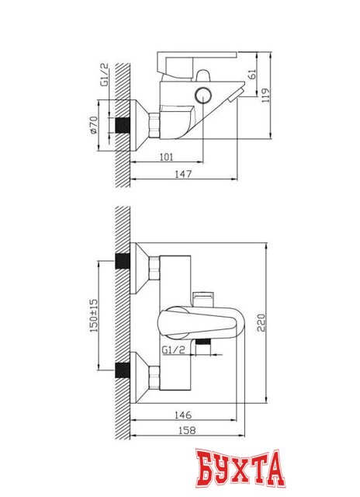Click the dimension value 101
coord(166,156)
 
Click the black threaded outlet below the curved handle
coord(204,343)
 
